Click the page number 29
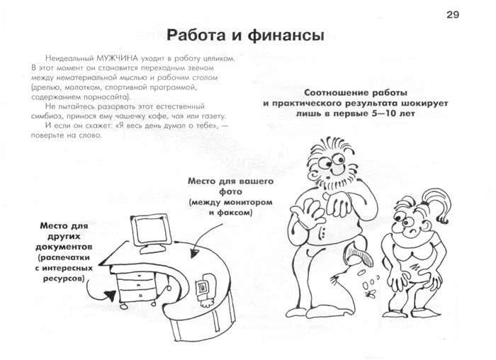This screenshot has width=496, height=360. (x=453, y=15)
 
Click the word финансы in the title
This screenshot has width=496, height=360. (x=286, y=35)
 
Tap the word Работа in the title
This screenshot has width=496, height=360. (x=196, y=35)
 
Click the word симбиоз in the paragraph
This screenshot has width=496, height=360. (x=45, y=116)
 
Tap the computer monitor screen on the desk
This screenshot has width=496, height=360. (x=151, y=230)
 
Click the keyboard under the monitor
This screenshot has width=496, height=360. (x=152, y=249)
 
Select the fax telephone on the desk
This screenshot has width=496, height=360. (x=205, y=289)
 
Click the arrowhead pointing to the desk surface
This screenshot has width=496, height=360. (x=194, y=254)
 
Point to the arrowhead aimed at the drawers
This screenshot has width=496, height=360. (x=111, y=295)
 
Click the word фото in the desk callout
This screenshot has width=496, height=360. (x=230, y=192)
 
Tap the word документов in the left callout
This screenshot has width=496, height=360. (x=64, y=247)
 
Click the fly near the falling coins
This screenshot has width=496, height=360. (x=370, y=295)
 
